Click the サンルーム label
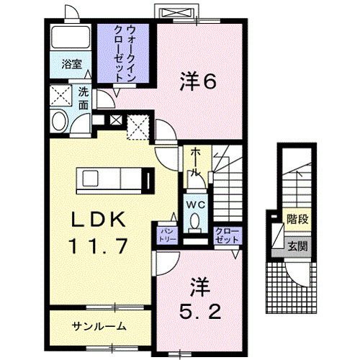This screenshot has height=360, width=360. point(99,325)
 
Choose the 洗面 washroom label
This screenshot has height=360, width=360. point(84,98)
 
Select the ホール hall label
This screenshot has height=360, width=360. point(195,162)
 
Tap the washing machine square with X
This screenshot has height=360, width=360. point(59,95)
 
